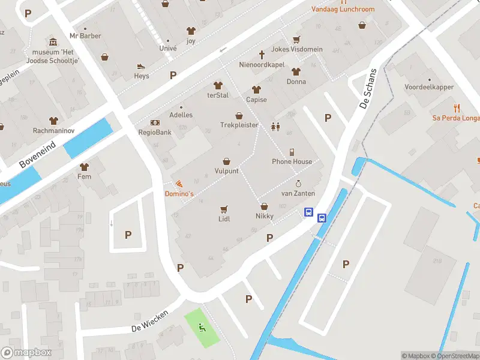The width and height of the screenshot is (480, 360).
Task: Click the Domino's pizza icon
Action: (179, 184)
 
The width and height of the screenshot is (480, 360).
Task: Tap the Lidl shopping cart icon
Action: (224, 209)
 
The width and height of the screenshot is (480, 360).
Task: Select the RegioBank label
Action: (155, 132)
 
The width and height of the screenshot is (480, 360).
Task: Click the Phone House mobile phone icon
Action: (292, 152)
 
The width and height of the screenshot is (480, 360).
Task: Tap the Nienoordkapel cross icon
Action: (261, 53)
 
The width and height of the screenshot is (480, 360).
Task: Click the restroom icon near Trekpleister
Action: (275, 127)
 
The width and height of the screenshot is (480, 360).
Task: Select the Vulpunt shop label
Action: (226, 171)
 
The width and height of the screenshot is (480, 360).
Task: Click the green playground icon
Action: (202, 328)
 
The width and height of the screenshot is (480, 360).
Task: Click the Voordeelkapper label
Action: (429, 87)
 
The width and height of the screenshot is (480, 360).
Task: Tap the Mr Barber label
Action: (85, 36)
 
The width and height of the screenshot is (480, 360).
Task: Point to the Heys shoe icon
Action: (142, 66)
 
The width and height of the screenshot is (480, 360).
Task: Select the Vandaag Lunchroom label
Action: (343, 10)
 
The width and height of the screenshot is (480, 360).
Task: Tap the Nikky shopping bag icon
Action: (264, 206)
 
